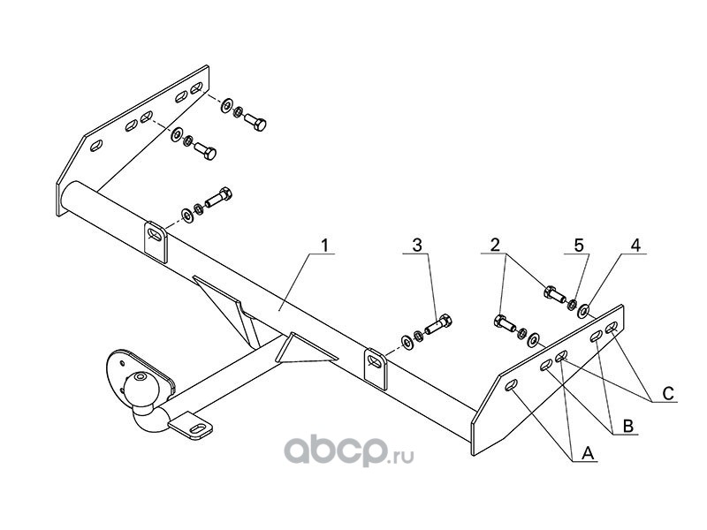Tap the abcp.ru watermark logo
348,450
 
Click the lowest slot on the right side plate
512,386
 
